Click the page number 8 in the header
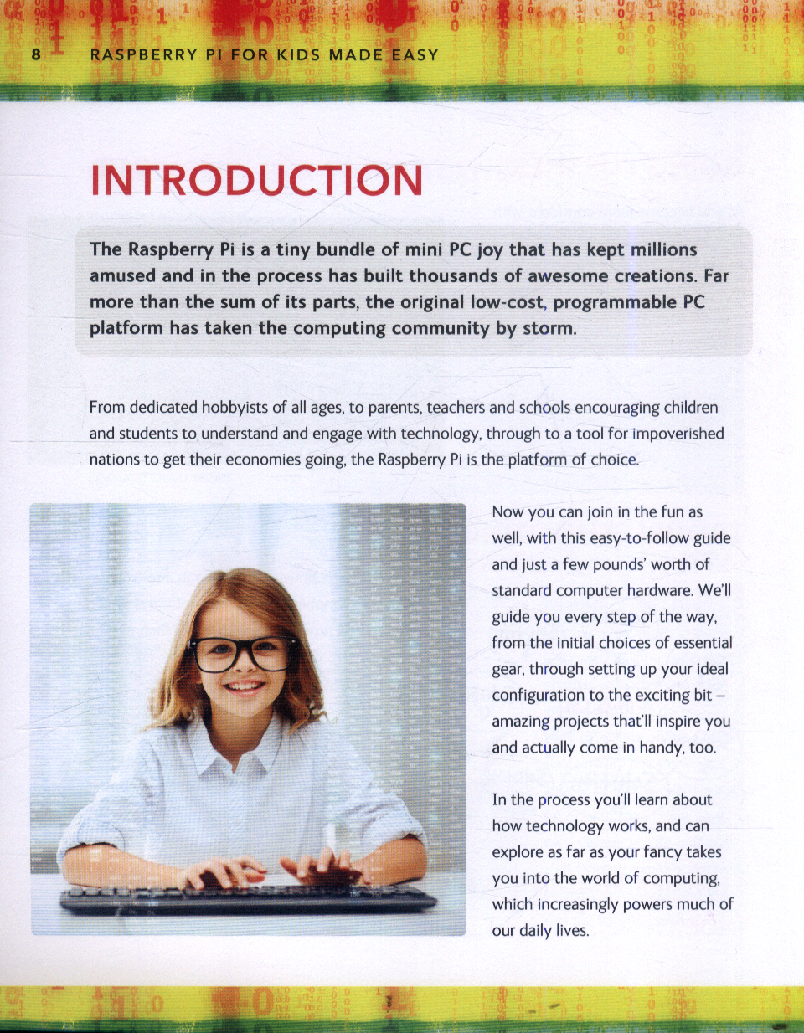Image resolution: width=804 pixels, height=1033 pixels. (36, 55)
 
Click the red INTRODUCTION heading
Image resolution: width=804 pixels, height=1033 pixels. (256, 181)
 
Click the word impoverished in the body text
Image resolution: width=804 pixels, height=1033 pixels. (678, 434)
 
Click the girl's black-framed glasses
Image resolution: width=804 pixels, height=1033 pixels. (243, 653)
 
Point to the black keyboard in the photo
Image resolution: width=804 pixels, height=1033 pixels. (248, 899)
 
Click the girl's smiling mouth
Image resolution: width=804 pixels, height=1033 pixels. (245, 687)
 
